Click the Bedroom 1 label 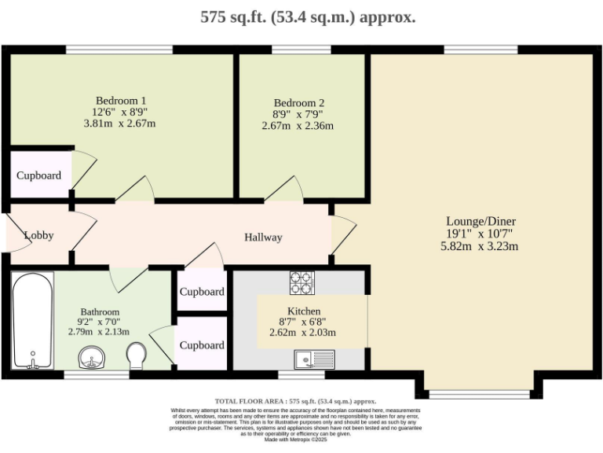tap(121, 100)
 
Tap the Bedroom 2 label tap(298, 103)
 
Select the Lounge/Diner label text tap(481, 221)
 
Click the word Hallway tap(262, 238)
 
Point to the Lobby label tap(38, 235)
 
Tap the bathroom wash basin tap(93, 359)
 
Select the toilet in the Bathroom tap(137, 355)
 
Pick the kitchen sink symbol tap(314, 360)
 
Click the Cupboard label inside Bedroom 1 tap(39, 175)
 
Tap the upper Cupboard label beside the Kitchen tap(202, 292)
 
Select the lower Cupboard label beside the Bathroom tap(202, 345)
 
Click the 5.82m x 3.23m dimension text tap(480, 246)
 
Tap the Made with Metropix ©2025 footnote tap(297, 439)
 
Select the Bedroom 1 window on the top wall tap(119, 50)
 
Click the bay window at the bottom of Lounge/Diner tap(481, 392)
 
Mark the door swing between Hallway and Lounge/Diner tap(342, 234)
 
